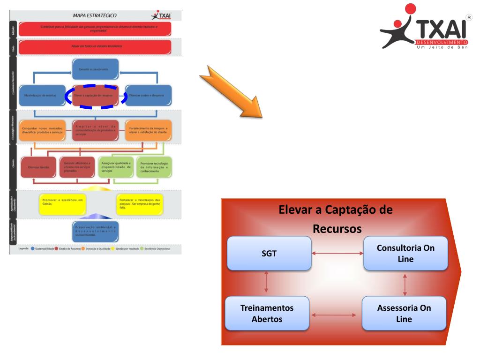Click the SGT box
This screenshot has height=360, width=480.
click(269, 253)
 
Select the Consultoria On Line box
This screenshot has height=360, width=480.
click(405, 253)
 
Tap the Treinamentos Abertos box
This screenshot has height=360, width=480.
click(267, 313)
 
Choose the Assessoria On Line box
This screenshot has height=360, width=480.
click(404, 313)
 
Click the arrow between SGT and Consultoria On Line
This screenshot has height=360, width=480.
click(337, 254)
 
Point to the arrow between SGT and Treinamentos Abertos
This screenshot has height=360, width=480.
click(266, 283)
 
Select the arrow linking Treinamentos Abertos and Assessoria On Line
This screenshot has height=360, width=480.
click(336, 315)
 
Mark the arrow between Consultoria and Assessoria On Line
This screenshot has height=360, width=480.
click(405, 284)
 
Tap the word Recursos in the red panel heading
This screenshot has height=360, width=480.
click(337, 229)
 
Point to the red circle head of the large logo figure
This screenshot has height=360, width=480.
click(411, 9)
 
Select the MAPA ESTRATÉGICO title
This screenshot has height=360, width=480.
click(95, 15)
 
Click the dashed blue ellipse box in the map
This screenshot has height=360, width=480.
click(96, 96)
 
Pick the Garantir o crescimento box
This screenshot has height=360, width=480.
click(95, 69)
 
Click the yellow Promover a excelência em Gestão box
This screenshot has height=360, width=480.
click(62, 203)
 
